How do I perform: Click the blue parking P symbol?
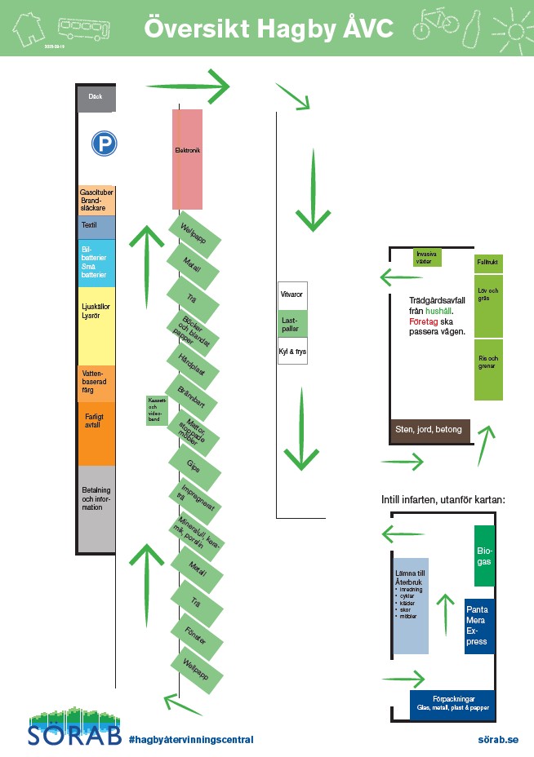point(103,144)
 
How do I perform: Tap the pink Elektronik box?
point(187,158)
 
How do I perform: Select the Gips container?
point(194,467)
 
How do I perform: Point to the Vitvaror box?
point(292,294)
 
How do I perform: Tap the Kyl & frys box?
point(292,351)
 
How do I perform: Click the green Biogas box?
point(484,556)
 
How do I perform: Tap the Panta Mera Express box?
point(479,625)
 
